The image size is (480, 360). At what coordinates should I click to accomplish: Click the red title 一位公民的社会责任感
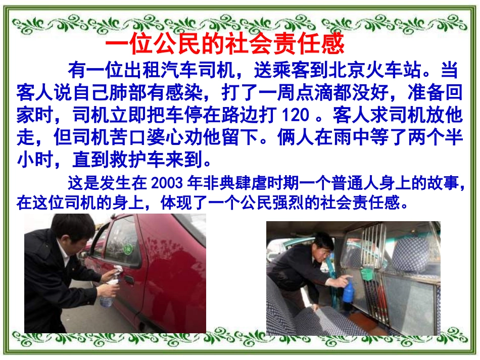pos(225,44)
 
